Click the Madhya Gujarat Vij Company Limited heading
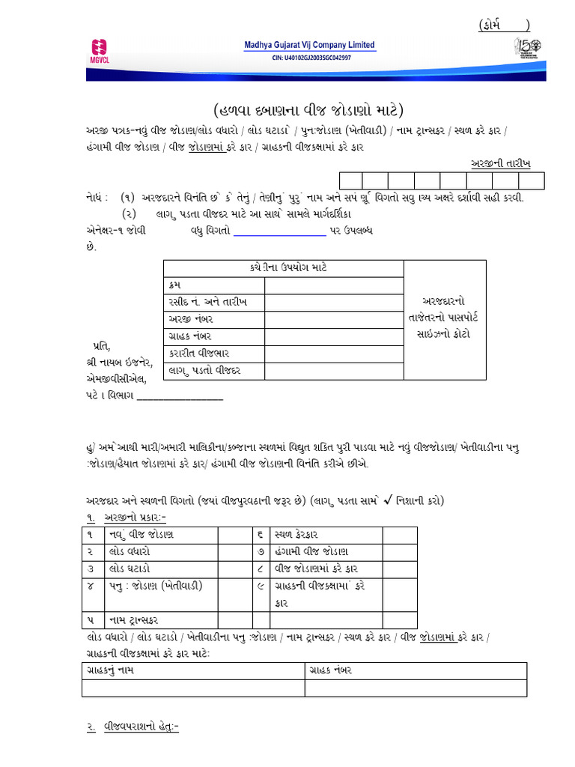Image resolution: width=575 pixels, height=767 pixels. point(309,45)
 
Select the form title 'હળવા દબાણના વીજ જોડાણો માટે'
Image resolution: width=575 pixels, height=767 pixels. point(308,111)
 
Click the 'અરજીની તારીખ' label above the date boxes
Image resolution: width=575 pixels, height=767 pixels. point(505,163)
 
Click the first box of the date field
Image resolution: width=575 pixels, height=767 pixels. point(351,181)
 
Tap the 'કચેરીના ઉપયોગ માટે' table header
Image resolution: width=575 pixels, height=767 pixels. point(283,268)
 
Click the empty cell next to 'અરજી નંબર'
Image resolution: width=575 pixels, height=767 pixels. point(334,319)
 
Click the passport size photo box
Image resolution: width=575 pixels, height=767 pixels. point(445,319)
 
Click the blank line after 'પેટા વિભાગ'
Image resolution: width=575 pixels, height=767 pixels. point(180,395)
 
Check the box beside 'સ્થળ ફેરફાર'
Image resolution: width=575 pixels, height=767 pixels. point(400,534)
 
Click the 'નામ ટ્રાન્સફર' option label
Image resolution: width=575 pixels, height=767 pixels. point(139,619)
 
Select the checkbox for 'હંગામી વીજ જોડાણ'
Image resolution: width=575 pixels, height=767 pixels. point(400,551)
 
